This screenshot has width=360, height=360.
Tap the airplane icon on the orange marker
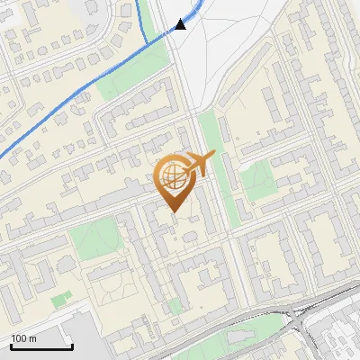point(200,164)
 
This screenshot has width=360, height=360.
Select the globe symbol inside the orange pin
point(172,176)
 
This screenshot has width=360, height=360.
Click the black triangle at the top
point(181,24)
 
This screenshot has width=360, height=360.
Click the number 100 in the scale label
point(18,339)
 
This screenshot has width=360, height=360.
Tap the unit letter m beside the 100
point(31,339)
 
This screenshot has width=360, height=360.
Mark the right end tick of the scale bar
point(72,346)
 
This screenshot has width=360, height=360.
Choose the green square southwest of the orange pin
point(94,239)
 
